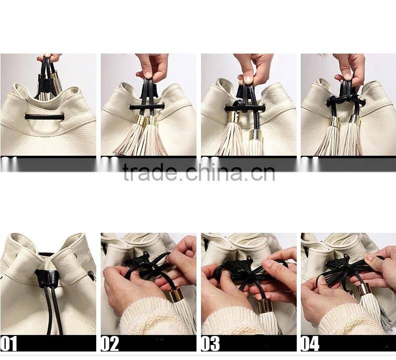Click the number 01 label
click(9, 343)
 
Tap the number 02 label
click(110, 343)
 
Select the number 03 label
click(210, 343)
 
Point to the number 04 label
click(311, 343)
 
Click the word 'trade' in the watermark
click(149, 173)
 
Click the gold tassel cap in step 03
click(265, 305)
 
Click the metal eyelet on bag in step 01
click(91, 274)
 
